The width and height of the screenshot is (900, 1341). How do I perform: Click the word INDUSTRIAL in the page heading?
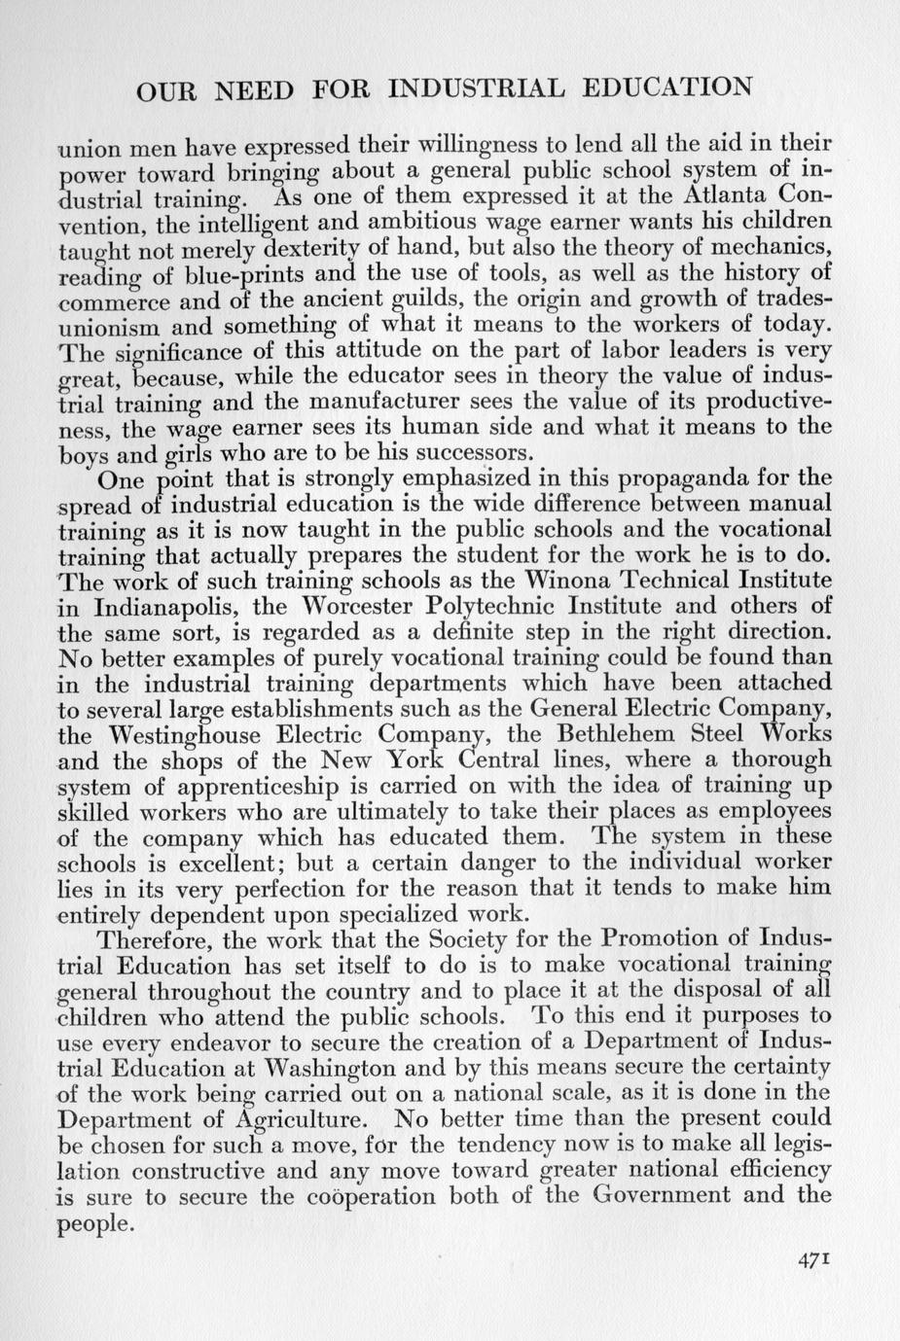pyautogui.click(x=476, y=88)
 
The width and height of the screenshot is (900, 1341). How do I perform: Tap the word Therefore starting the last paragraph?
pyautogui.click(x=157, y=940)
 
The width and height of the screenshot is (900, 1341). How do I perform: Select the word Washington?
pyautogui.click(x=318, y=1067)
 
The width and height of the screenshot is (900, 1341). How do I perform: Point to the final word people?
pyautogui.click(x=93, y=1223)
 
